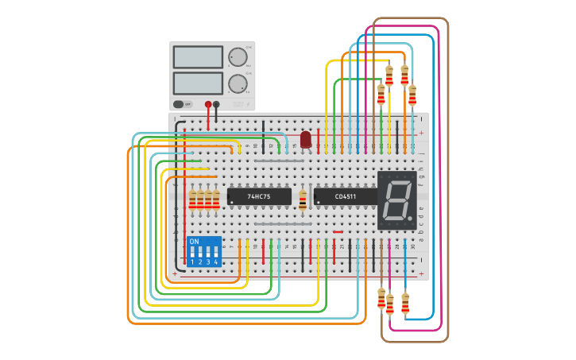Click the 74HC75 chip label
(259, 196)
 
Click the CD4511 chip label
(346, 196)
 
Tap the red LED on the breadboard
(306, 140)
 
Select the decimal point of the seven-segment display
(410, 217)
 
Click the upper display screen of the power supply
(198, 57)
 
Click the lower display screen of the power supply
(198, 83)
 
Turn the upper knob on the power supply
(238, 57)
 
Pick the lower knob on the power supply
(238, 83)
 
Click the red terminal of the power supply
(208, 104)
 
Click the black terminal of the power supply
(216, 104)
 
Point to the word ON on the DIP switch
(194, 241)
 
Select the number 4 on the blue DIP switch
(215, 261)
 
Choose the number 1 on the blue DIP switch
(191, 261)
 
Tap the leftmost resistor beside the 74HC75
(192, 199)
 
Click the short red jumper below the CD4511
(338, 232)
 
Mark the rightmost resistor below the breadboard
(405, 304)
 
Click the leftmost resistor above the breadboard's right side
(381, 95)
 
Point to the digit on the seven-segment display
(395, 199)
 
